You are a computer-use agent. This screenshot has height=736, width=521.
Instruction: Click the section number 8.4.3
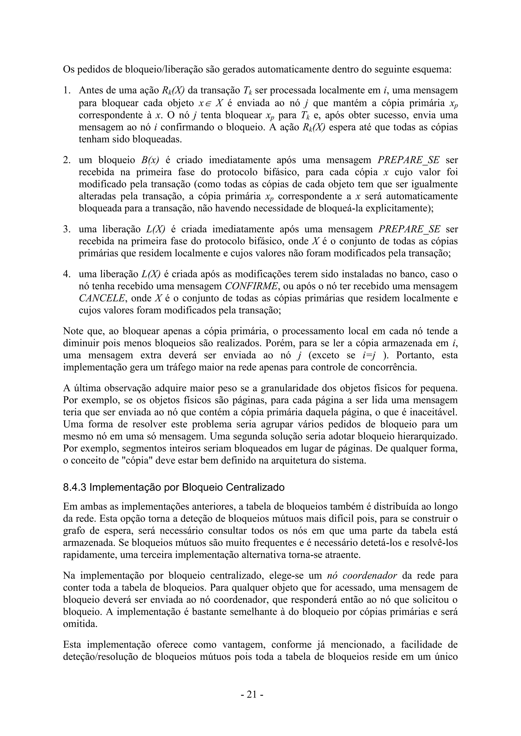[75, 487]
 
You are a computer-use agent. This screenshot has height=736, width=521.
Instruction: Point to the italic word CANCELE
[102, 298]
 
